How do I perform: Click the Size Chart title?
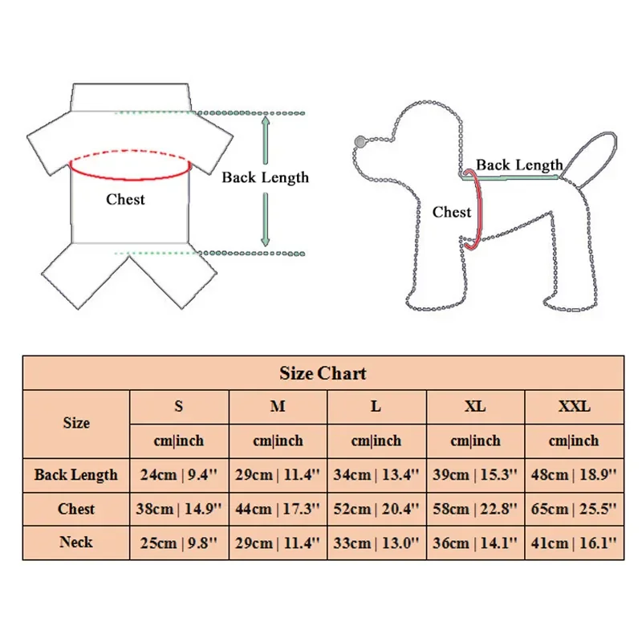click(x=323, y=373)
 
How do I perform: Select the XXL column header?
click(x=574, y=407)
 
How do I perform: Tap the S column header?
click(x=179, y=407)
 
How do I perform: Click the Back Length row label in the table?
click(x=76, y=474)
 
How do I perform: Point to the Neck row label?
click(x=76, y=542)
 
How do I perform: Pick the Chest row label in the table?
click(x=76, y=509)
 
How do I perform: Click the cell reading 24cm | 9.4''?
click(x=179, y=474)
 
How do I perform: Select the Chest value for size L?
click(x=376, y=509)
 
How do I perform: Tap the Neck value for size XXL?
click(x=574, y=542)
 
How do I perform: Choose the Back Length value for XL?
click(x=475, y=474)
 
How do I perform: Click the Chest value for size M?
click(x=278, y=509)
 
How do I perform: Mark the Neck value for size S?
click(x=179, y=542)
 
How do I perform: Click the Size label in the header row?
click(x=76, y=423)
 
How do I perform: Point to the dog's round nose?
click(x=359, y=143)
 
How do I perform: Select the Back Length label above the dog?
click(x=519, y=165)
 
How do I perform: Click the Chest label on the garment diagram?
click(x=126, y=199)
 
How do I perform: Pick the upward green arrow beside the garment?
click(x=265, y=140)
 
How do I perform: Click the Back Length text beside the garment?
click(x=265, y=177)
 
